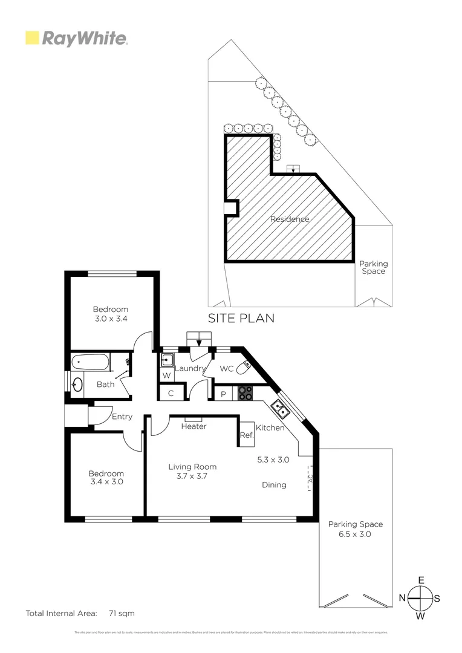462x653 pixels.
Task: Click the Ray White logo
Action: tap(76, 39)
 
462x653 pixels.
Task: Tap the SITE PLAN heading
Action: tap(241, 318)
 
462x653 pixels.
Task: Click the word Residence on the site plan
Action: tap(290, 219)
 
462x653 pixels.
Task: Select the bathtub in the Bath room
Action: tap(91, 363)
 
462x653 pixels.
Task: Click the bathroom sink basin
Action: tap(77, 385)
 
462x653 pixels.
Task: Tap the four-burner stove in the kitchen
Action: tap(245, 393)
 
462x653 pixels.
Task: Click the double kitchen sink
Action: tap(281, 410)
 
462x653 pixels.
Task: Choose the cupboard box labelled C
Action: tap(171, 393)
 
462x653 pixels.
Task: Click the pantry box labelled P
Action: tap(223, 393)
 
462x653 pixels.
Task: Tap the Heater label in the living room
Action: tap(194, 426)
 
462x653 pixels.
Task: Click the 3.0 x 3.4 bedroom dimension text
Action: tap(111, 319)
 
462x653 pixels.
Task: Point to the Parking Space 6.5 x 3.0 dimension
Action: tap(355, 534)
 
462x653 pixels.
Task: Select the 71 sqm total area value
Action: tap(122, 613)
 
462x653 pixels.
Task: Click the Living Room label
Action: tap(192, 467)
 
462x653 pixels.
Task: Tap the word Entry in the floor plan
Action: tap(122, 417)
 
